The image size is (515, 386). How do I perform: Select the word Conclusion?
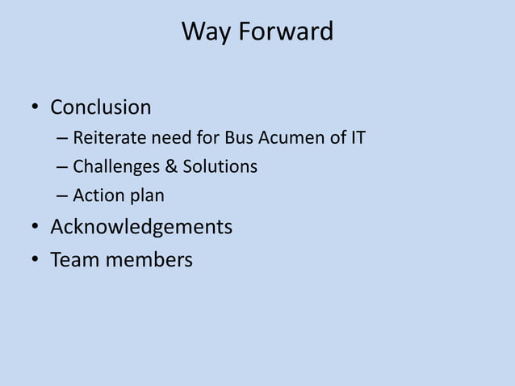point(101,107)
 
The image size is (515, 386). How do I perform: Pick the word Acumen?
point(289,138)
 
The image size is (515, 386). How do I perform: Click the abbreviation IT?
point(356,138)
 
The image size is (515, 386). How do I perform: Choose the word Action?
point(97,196)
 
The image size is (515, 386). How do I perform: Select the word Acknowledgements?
point(141,228)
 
